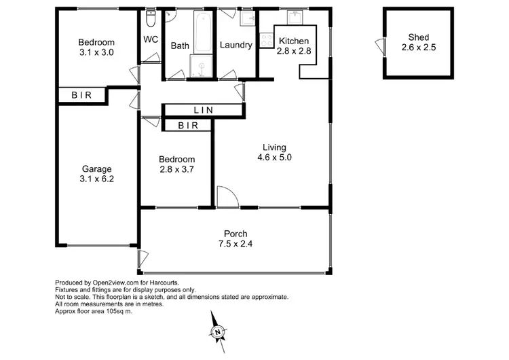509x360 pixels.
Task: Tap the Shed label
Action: [419, 37]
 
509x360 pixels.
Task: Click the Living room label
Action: [275, 147]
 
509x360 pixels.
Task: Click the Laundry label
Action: [236, 46]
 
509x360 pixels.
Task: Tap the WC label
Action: [151, 39]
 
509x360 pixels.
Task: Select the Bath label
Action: [180, 46]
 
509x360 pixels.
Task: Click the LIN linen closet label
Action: [203, 110]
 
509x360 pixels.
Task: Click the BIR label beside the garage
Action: [81, 96]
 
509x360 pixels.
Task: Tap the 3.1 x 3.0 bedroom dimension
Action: [95, 52]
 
